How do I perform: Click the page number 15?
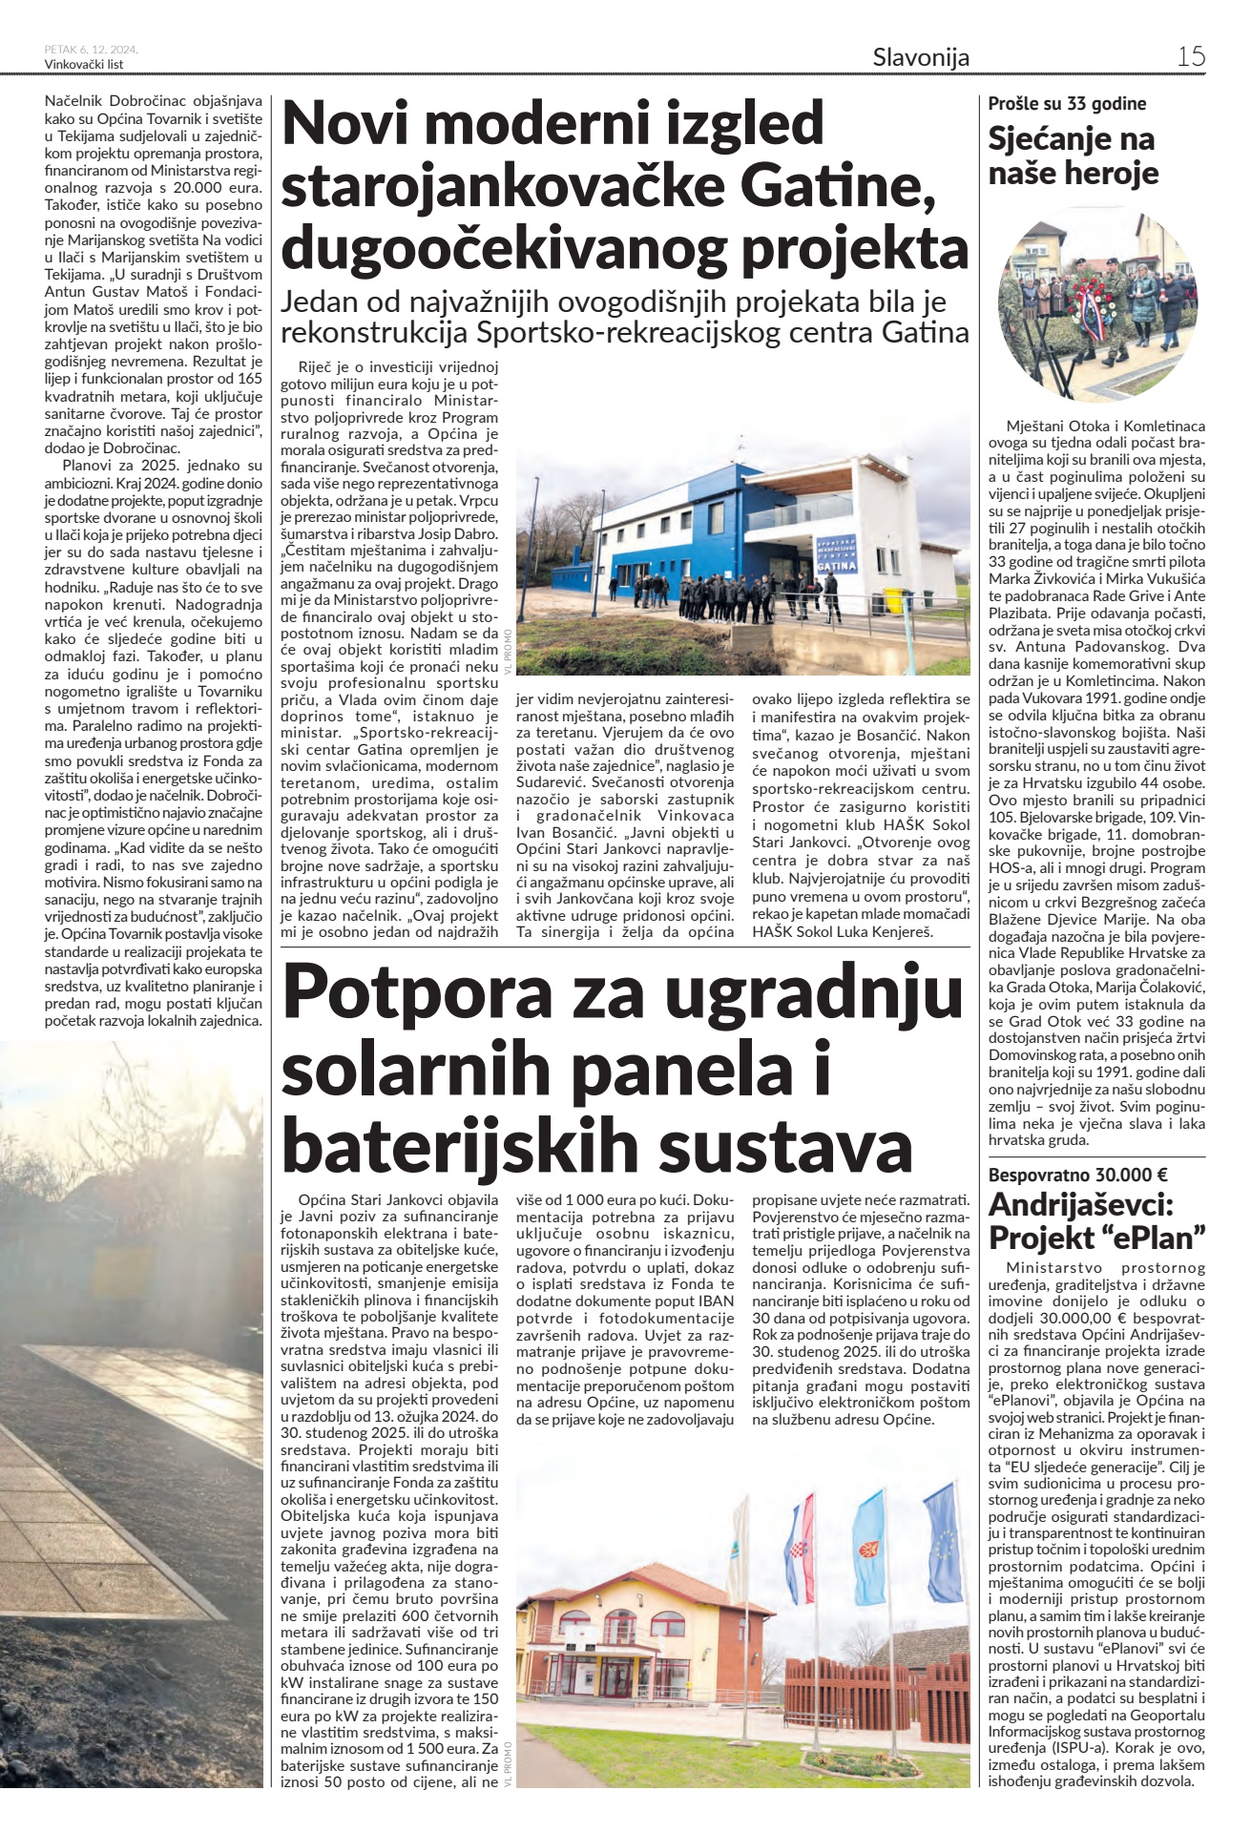click(1190, 56)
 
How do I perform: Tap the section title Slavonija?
click(921, 57)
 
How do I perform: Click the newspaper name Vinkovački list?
click(84, 65)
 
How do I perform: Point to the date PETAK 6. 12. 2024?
click(92, 51)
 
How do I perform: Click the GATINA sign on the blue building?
click(837, 566)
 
